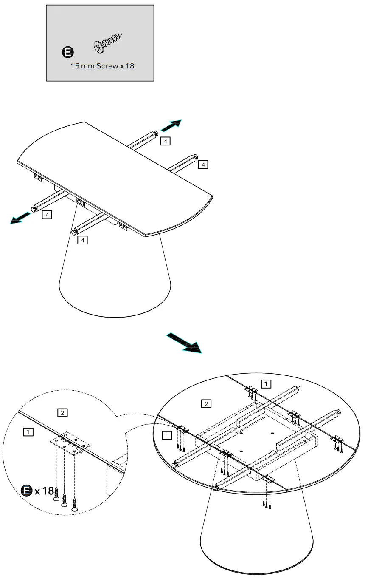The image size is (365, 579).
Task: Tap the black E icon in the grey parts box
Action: coord(67,53)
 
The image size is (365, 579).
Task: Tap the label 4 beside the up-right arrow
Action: coord(165,140)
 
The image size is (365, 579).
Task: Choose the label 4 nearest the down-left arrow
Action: coord(47,215)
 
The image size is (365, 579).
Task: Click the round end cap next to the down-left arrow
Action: coord(34,210)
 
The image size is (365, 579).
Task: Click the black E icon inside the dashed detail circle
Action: coord(27,491)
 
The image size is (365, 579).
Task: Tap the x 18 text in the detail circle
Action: coord(45,491)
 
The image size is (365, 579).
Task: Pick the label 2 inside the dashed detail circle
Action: coord(62,412)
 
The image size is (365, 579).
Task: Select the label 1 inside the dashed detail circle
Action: coord(28,432)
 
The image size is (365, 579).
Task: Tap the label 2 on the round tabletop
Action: coord(206,403)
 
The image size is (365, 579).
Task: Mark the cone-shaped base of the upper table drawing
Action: coord(115,281)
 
